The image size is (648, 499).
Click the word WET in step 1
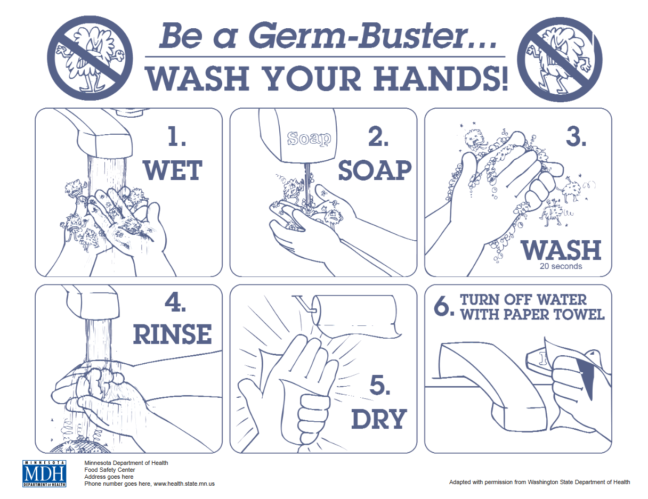coord(173,170)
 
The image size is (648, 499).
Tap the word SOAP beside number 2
coord(375,170)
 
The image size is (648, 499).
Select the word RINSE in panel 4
coord(172,334)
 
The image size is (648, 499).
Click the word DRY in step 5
coord(379,419)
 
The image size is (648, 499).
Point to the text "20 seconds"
coord(561,266)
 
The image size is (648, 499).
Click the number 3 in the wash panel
coord(576,137)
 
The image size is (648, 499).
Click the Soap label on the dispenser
coord(309,138)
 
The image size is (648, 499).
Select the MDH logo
coord(44,473)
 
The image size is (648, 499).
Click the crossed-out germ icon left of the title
coord(90,58)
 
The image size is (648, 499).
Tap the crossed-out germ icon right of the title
coord(560,60)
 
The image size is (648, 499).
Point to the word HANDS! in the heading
coord(441,79)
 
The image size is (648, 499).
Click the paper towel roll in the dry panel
coord(357,316)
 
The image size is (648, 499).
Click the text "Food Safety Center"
coord(109,470)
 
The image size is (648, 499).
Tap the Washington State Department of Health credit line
coord(539,482)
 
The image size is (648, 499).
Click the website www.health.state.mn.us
coord(184,484)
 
